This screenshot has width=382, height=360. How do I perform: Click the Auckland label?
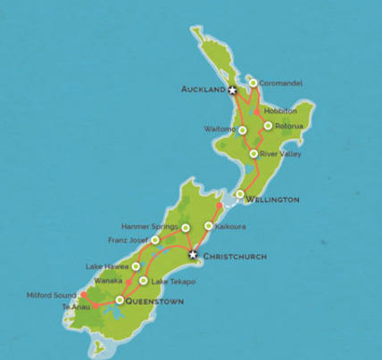(x=203, y=90)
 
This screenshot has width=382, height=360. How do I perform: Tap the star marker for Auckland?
(x=232, y=90)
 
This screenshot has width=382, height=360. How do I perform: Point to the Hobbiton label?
(x=280, y=110)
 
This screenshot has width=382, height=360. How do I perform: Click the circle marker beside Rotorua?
(x=268, y=126)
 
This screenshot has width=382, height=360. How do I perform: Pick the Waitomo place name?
(x=219, y=129)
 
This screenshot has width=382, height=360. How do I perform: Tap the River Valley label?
(x=281, y=153)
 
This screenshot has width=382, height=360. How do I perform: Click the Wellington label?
(x=272, y=200)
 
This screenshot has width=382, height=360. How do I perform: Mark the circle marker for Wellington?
(x=240, y=194)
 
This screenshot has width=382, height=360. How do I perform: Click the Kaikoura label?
(x=230, y=226)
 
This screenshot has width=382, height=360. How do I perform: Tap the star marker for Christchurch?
(x=191, y=256)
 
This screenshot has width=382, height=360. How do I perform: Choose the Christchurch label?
(x=235, y=257)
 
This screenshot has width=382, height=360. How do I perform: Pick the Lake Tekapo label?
(x=173, y=282)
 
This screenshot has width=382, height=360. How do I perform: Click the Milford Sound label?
(x=51, y=295)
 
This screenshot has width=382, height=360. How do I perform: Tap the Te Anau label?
(x=77, y=307)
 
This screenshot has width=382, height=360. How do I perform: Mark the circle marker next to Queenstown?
(x=120, y=300)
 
